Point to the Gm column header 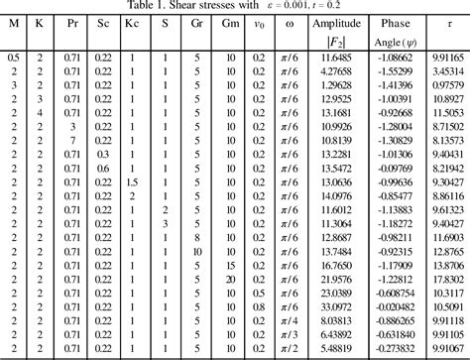tap(230, 20)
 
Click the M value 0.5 tap(13, 60)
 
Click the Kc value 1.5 tap(133, 183)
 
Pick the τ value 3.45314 tap(446, 73)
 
